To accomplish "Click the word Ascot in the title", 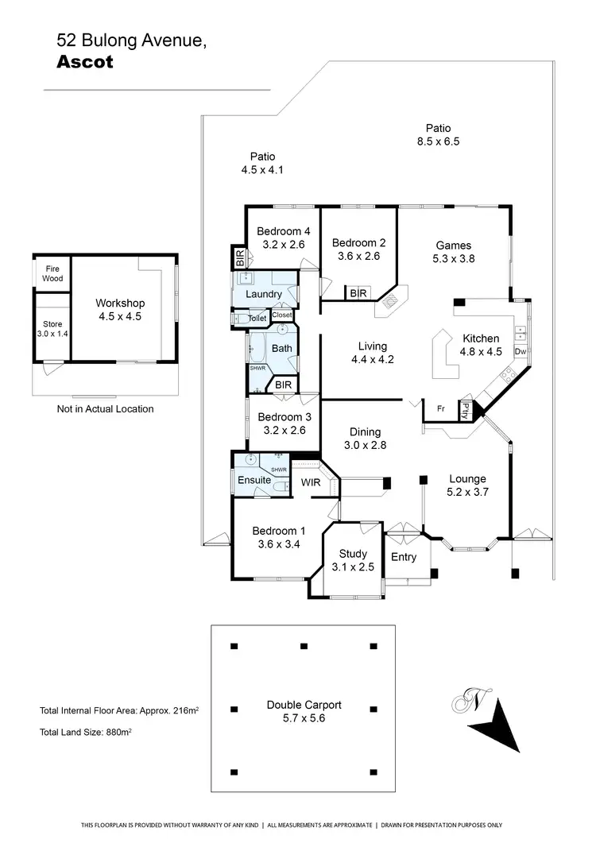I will tap(85, 63).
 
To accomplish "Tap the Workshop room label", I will tap(120, 304).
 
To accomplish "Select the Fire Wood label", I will tap(52, 274).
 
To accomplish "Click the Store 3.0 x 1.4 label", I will tap(52, 329).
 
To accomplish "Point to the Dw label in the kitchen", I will tap(521, 351).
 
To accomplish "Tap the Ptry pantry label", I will tap(466, 410).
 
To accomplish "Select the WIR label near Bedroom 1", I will tap(309, 482).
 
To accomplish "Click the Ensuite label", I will tap(254, 480).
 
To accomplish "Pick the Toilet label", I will tap(257, 319).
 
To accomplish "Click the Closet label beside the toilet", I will tap(282, 315).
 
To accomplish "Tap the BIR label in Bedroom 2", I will tap(358, 293).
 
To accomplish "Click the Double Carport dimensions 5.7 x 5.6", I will tap(304, 718).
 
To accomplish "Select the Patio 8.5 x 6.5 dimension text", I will tap(438, 141).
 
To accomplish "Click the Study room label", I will tap(353, 554).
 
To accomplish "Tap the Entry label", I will tap(404, 557).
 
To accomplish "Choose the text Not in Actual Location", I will tap(106, 409).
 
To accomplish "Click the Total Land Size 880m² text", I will tap(85, 733).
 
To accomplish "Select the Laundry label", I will tap(264, 294).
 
